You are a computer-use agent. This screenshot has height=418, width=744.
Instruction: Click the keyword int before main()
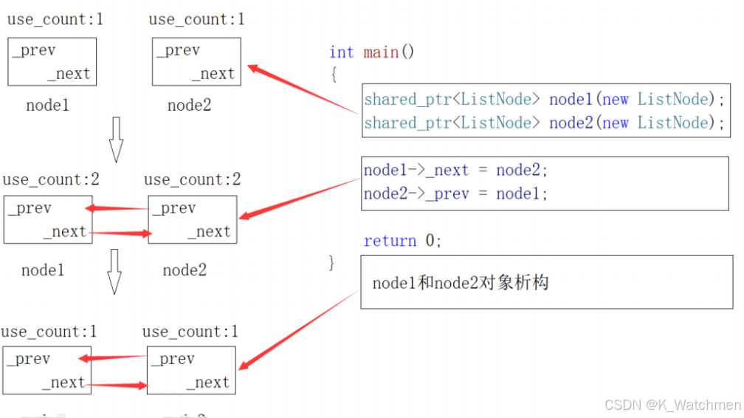point(342,52)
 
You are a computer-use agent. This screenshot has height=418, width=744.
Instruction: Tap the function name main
point(381,52)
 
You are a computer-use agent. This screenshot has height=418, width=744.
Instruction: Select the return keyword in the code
point(390,241)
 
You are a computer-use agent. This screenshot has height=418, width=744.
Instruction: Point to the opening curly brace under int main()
point(334,75)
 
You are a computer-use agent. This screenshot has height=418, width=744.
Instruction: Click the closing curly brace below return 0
point(332,262)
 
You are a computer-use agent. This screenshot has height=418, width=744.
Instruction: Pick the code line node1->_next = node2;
point(456,171)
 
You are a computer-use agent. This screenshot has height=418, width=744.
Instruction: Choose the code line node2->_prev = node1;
point(456,194)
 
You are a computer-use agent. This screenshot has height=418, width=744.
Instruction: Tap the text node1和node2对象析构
point(461,283)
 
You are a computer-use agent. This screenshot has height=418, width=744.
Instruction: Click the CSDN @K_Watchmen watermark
point(672,405)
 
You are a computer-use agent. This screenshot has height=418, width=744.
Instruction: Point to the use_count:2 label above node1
point(51,179)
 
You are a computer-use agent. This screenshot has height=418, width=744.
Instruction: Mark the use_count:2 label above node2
point(193,179)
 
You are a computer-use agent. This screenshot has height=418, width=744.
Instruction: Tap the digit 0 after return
point(430,241)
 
